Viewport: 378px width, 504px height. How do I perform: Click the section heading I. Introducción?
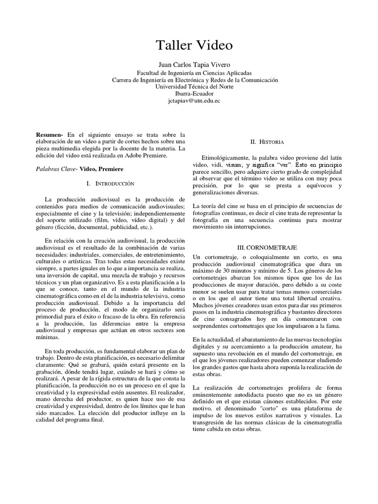110,183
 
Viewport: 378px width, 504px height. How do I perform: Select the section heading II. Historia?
267,142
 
